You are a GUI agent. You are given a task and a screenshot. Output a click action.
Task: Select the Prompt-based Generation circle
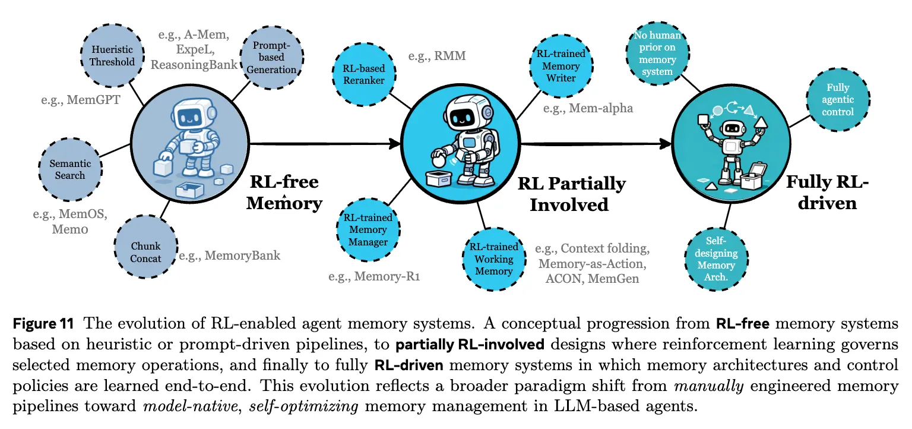[271, 58]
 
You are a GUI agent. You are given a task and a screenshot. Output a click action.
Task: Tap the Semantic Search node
[70, 169]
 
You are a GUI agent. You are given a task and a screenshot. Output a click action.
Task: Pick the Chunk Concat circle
[146, 252]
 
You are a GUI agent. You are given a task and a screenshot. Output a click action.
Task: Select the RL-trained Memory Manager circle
[368, 229]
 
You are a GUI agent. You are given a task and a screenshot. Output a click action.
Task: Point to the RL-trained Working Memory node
[493, 258]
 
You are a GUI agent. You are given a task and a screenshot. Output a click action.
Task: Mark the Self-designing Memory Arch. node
[716, 259]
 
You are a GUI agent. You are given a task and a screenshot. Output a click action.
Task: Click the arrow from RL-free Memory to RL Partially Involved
[327, 143]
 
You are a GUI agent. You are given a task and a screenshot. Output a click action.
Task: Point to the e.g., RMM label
[437, 56]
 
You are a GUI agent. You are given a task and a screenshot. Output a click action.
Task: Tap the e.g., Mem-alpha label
[588, 108]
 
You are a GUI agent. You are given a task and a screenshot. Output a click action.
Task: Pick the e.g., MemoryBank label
[229, 255]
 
